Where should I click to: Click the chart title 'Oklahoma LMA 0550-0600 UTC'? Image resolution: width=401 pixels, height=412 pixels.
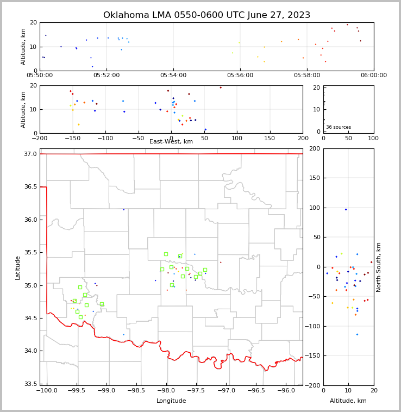point(206,15)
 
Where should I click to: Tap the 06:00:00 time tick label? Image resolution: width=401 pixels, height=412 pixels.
point(374,76)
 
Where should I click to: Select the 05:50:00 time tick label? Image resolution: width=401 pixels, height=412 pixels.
point(40,76)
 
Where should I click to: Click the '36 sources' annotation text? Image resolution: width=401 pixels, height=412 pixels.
point(339,127)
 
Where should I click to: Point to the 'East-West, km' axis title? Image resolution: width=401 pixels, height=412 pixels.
point(171,142)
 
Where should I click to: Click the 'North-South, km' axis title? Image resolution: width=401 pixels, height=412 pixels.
point(379,267)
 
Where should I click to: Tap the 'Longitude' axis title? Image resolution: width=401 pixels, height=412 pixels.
point(171,401)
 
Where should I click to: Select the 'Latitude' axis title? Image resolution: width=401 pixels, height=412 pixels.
point(18,267)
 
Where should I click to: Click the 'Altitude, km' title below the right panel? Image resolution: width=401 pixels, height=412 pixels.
point(348,401)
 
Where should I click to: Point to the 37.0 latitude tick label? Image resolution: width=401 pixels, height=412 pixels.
point(31,154)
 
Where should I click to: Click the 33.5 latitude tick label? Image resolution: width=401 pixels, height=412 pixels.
point(31,384)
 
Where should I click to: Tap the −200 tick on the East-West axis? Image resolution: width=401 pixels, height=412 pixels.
point(40,138)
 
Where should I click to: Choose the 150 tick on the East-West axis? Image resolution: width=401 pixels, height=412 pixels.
point(270,138)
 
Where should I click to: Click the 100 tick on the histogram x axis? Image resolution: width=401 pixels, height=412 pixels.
point(373,138)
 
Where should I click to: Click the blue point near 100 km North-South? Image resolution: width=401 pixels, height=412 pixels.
point(346,209)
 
